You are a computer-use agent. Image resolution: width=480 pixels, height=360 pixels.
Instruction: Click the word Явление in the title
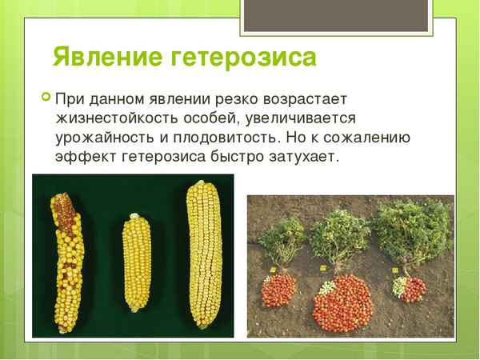point(106,58)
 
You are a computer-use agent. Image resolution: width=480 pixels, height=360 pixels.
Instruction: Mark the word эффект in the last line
point(82,157)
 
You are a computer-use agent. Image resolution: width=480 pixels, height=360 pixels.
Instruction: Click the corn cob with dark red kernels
point(66,255)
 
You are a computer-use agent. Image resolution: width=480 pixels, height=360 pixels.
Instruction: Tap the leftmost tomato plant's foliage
point(281,237)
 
